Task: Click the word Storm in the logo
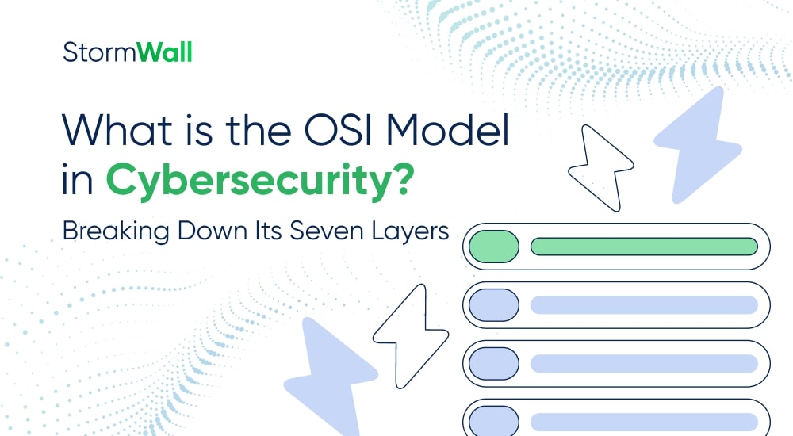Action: click(89, 53)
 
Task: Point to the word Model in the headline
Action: click(449, 129)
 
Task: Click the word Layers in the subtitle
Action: click(412, 232)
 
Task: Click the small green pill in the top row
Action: click(493, 247)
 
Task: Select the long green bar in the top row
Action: click(644, 247)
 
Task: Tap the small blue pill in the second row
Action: click(493, 304)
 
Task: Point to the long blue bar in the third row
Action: click(644, 363)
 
